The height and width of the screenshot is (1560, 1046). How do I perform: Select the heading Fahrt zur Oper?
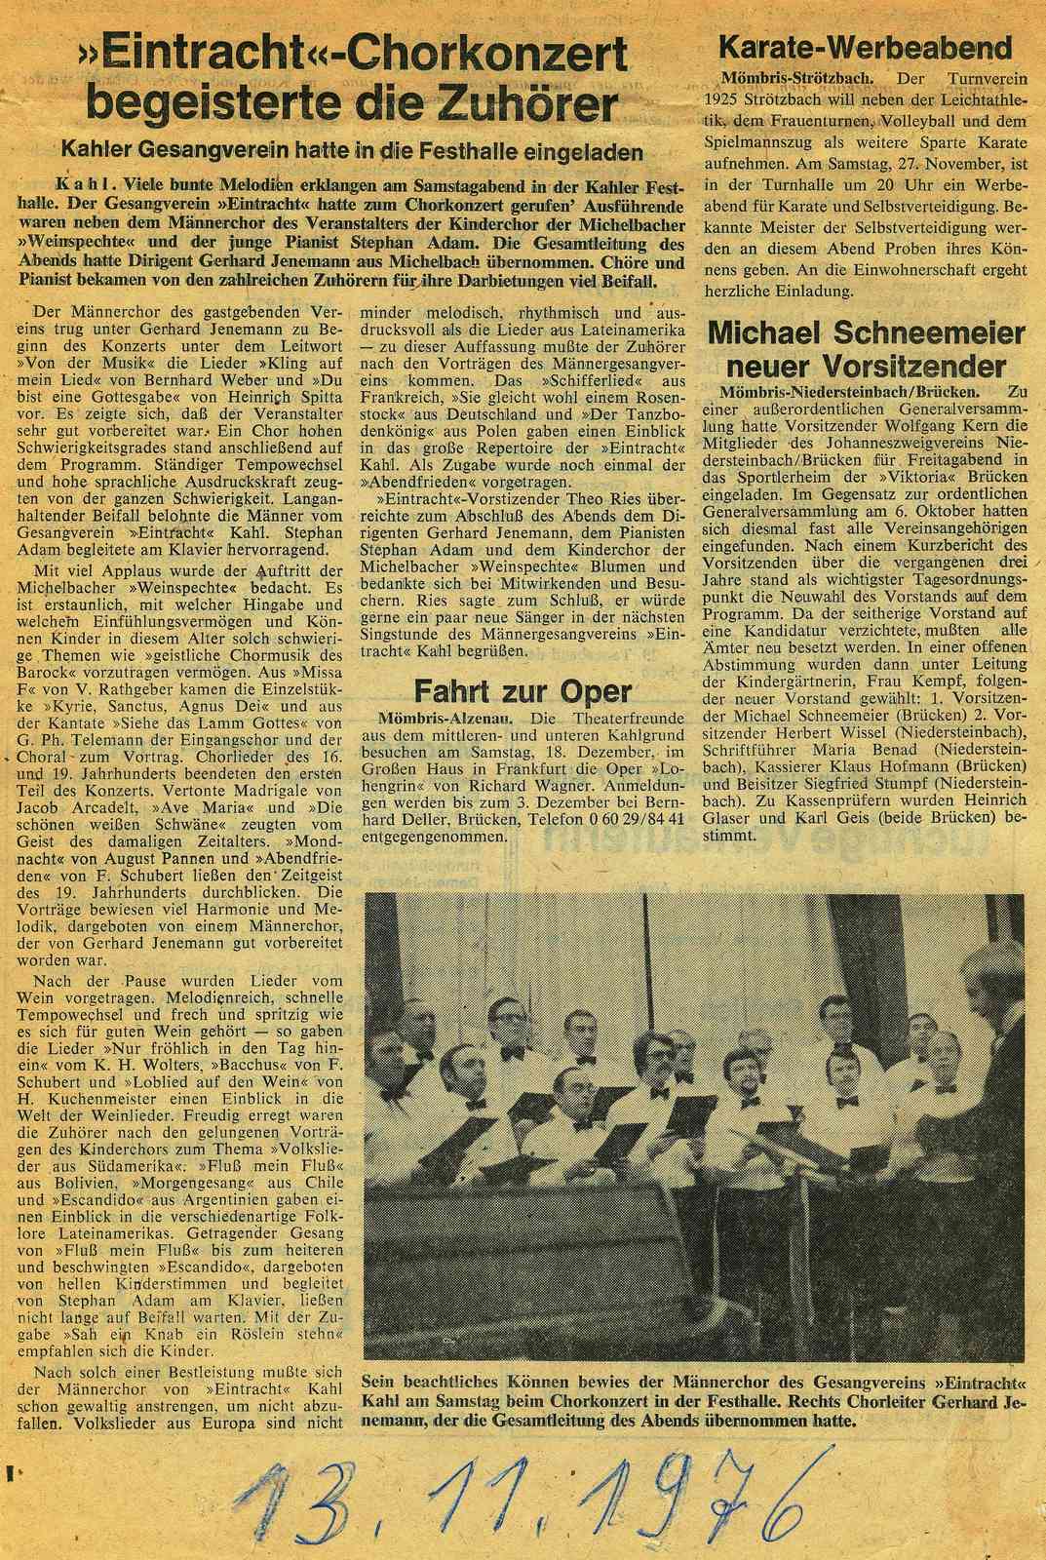(523, 690)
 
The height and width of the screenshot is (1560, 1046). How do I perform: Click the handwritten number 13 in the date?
(283, 1506)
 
